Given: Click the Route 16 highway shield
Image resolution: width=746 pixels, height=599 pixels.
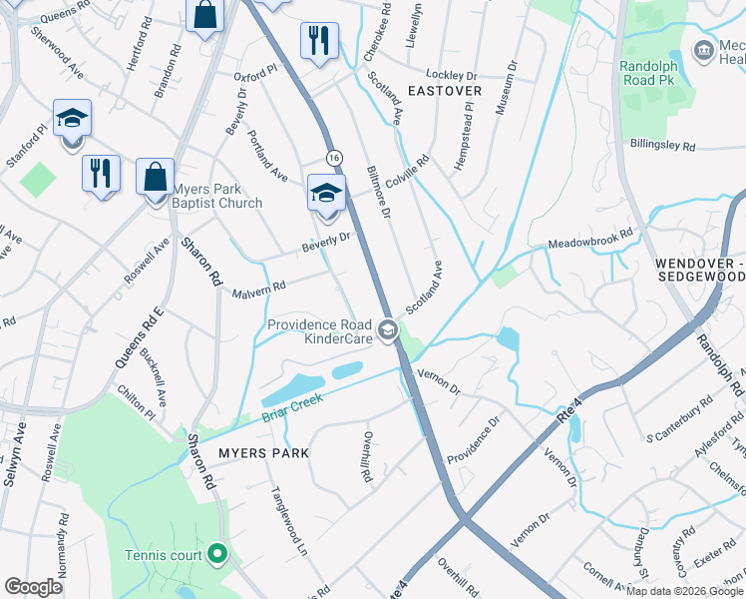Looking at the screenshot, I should click(334, 158).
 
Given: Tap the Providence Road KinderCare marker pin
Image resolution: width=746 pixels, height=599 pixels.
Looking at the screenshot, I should click(388, 328).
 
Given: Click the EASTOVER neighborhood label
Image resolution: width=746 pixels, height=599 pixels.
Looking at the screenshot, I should click(443, 91).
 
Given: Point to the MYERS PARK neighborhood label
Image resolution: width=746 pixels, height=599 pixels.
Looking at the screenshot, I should click(263, 453).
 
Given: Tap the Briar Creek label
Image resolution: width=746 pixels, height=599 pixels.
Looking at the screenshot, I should click(294, 411).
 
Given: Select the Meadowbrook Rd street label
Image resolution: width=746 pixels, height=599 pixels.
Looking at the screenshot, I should click(590, 240).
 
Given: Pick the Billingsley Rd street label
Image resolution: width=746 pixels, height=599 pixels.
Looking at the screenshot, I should click(662, 146).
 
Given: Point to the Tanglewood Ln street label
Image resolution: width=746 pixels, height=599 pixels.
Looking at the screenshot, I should click(288, 519).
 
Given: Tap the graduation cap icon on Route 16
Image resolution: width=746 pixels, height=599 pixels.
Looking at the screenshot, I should click(326, 194).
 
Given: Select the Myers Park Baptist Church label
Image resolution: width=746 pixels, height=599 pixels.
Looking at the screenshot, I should click(217, 196).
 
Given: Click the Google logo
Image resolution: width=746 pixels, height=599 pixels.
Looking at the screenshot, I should click(34, 587).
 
